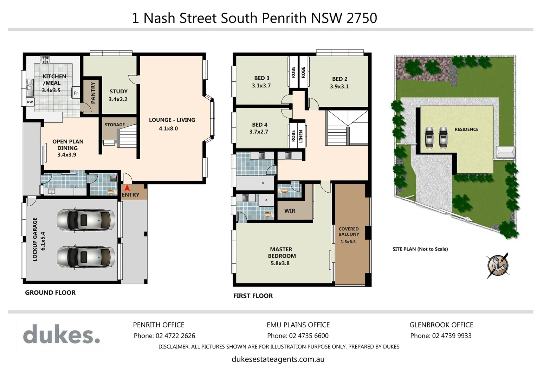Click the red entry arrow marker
[x=127, y=188]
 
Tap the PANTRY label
[x=93, y=93]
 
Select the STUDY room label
[x=118, y=92]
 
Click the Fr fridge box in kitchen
[x=76, y=93]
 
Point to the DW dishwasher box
[x=30, y=102]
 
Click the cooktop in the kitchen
[x=45, y=60]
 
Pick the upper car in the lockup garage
[x=85, y=220]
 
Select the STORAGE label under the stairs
[x=115, y=125]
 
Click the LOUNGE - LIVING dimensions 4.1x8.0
[x=168, y=128]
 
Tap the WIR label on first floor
[x=290, y=211]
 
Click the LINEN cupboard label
[x=301, y=136]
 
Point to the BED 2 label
[x=339, y=79]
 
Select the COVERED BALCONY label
[x=349, y=232]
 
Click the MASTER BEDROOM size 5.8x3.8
[x=280, y=263]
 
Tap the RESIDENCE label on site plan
[x=466, y=129]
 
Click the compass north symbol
[x=498, y=265]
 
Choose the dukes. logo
[x=62, y=334]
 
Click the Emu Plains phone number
[x=298, y=336]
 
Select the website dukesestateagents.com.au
[x=278, y=359]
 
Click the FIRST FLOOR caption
[x=253, y=296]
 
